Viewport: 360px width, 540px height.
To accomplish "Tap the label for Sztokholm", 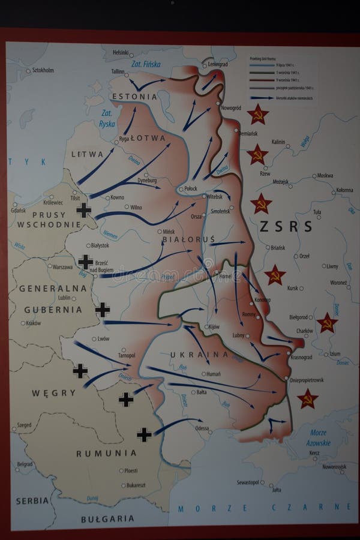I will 40,70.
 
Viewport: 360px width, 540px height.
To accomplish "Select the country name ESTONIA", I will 134,96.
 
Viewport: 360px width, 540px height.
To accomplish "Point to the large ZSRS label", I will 286,226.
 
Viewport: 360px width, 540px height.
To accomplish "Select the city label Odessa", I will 202,428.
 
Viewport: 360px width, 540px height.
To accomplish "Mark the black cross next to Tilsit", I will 83,209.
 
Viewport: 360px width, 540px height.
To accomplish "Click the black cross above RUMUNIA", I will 144,434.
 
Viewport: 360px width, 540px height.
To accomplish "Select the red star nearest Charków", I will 327,322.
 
